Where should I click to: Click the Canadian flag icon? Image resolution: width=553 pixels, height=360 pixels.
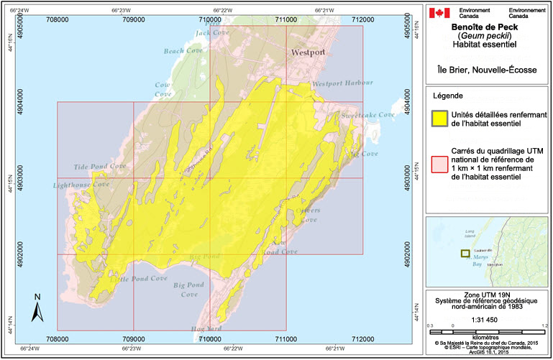(x=439, y=12)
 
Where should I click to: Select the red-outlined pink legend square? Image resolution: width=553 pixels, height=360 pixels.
(x=439, y=163)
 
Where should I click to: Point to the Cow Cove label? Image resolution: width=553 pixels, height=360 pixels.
(x=164, y=89)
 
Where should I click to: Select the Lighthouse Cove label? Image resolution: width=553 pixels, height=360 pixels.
(x=81, y=185)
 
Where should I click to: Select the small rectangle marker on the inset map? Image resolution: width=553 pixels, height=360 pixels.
(x=465, y=253)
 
